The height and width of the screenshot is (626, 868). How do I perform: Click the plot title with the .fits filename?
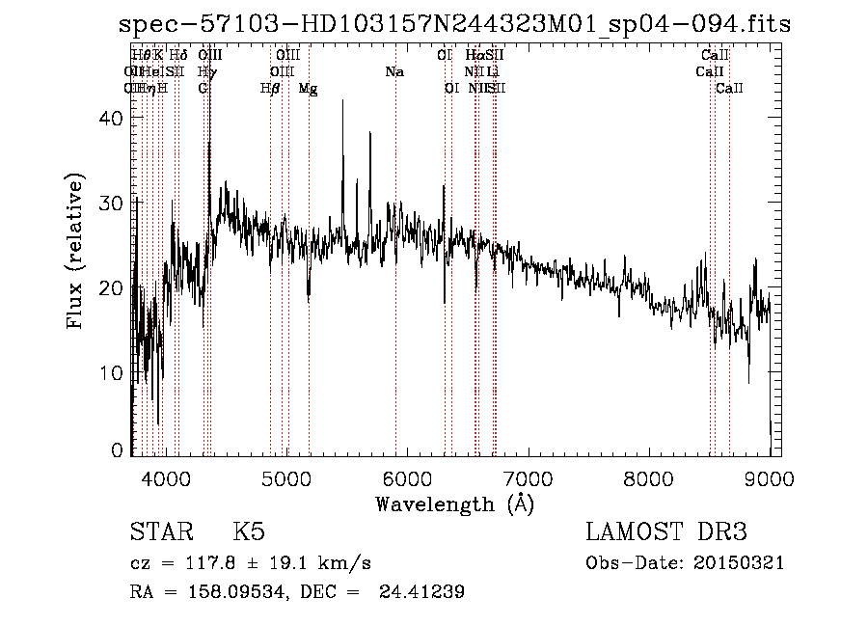point(454,25)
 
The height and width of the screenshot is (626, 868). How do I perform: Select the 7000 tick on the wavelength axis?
point(528,477)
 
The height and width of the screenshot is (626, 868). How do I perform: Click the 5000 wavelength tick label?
point(285,477)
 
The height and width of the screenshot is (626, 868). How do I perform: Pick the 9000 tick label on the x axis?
point(769,477)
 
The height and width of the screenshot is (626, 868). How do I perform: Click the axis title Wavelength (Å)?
point(454,503)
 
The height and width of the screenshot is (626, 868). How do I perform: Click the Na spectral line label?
point(393,72)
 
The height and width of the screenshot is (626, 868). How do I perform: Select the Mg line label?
point(308,89)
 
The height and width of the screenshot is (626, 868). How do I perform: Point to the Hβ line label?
point(270,89)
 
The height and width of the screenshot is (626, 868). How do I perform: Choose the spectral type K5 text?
point(249,532)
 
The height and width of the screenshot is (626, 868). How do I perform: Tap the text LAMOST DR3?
point(665,532)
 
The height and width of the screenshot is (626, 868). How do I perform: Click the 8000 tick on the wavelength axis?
point(648,477)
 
